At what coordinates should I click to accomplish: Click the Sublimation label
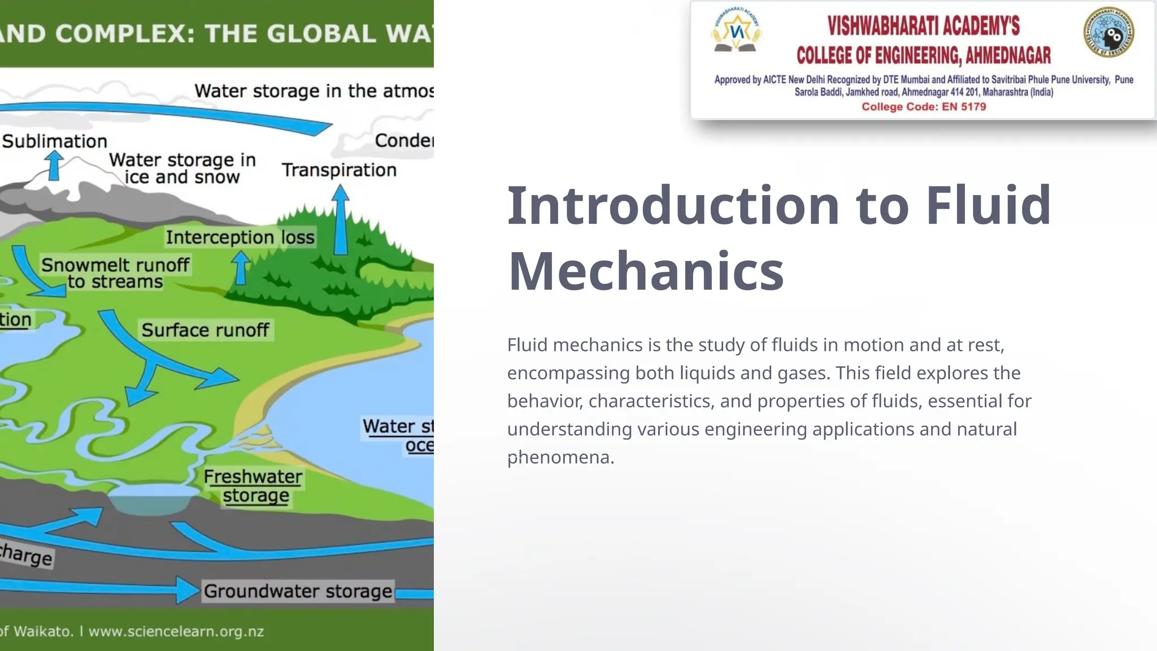[x=54, y=141]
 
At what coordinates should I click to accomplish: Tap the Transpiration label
[x=339, y=170]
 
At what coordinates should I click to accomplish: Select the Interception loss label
[x=240, y=237]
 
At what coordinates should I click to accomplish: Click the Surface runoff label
[x=205, y=330]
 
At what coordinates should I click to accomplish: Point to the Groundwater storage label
[x=298, y=591]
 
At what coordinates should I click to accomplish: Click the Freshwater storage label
[x=254, y=486]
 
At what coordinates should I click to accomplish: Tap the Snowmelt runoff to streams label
[x=115, y=273]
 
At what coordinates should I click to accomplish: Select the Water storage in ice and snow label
[x=182, y=168]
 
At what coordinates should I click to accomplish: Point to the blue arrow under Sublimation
[x=54, y=166]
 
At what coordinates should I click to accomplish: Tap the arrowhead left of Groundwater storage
[x=187, y=590]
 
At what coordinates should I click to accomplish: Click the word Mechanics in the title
[x=646, y=271]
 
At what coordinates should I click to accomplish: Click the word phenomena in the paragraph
[x=560, y=457]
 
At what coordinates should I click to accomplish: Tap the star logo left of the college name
[x=736, y=32]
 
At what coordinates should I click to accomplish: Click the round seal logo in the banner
[x=1109, y=32]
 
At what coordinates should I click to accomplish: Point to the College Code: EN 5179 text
[x=924, y=107]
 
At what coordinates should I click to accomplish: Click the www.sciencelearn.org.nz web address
[x=176, y=631]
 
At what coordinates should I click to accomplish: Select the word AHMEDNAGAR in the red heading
[x=1008, y=55]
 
